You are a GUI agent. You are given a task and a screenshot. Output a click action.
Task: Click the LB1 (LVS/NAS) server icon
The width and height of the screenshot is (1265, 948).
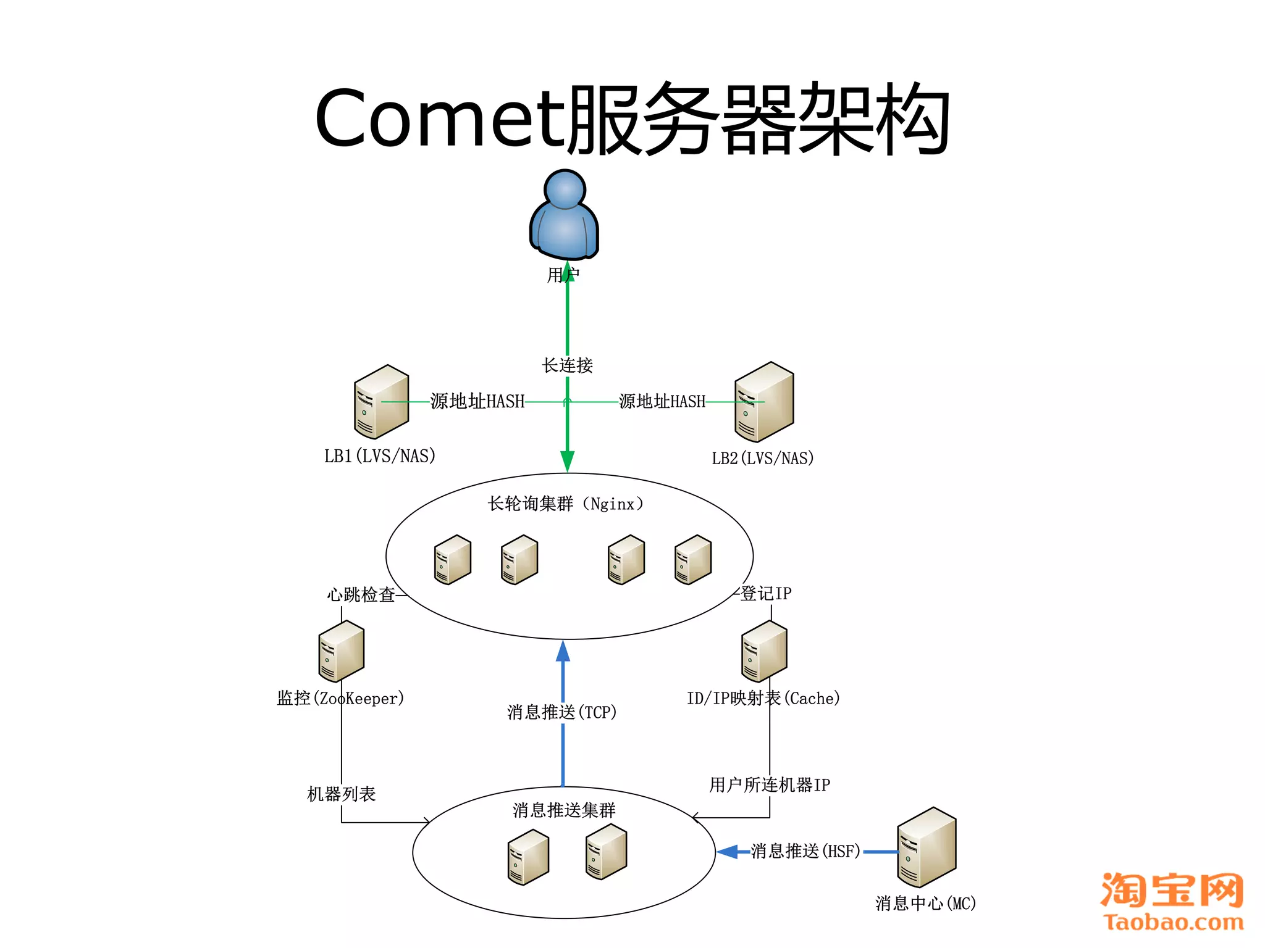point(381,402)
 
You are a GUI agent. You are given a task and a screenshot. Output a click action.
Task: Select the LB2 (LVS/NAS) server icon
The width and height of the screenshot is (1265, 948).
point(764,402)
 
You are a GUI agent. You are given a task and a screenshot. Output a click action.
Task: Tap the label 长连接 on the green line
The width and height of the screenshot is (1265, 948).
point(567,365)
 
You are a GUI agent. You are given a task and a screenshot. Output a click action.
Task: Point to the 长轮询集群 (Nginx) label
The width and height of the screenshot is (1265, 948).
point(565,504)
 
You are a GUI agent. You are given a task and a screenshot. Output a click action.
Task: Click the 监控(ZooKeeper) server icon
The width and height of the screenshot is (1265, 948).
point(341,652)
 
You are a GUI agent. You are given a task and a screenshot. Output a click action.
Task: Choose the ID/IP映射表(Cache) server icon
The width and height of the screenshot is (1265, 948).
point(764,652)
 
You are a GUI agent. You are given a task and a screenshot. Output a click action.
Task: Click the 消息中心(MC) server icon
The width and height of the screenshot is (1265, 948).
point(926,847)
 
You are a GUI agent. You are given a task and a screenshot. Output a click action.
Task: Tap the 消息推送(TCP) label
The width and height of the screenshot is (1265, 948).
point(561,712)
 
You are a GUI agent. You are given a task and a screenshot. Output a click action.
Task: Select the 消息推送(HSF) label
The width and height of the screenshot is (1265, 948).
point(805,852)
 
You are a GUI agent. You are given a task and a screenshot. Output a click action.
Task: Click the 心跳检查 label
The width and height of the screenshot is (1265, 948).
point(361,595)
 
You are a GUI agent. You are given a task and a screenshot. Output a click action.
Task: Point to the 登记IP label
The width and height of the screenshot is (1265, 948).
point(766,594)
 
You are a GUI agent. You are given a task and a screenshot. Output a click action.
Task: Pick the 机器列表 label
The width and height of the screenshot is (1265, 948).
point(341,794)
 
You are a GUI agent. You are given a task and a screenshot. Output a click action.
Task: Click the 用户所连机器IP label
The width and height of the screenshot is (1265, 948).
point(770,785)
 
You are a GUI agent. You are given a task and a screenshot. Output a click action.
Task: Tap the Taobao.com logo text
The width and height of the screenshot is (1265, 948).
point(1173,922)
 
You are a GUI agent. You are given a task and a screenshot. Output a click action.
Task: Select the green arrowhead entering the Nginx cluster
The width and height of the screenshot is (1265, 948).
point(567,461)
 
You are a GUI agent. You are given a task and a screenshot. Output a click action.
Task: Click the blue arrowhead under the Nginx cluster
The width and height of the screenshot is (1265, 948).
point(563,652)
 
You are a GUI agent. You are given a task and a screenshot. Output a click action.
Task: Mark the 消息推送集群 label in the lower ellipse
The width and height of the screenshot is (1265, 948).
point(564,810)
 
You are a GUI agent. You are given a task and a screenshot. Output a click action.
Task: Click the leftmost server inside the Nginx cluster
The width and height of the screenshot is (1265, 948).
point(452,560)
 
